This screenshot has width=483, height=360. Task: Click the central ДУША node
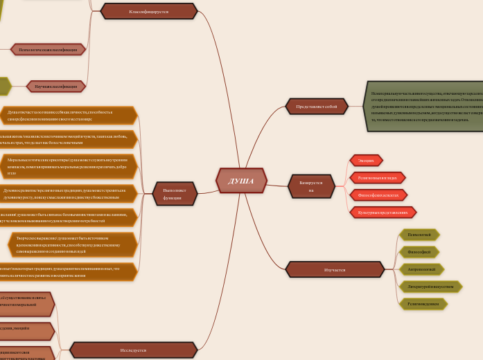(x=241, y=181)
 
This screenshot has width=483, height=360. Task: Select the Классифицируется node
(x=148, y=12)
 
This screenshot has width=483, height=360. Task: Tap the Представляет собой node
(x=316, y=107)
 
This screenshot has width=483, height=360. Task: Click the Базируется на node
(x=311, y=186)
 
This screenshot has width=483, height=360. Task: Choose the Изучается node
(x=335, y=269)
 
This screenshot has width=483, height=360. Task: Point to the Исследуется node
(x=133, y=350)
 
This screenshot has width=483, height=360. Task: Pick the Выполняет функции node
(x=175, y=194)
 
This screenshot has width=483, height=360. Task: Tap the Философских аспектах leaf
(x=378, y=195)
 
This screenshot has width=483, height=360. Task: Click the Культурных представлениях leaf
(x=383, y=213)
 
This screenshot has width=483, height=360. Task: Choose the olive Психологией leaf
(x=419, y=235)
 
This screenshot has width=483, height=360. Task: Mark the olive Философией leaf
(x=419, y=252)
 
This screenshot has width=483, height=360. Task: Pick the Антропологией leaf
(x=421, y=269)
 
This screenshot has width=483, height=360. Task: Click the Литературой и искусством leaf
(x=430, y=287)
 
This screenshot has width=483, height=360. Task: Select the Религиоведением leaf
(x=423, y=304)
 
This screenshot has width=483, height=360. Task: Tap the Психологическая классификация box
(x=48, y=50)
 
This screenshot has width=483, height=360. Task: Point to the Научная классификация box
(x=55, y=87)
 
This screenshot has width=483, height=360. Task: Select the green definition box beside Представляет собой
(x=423, y=106)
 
